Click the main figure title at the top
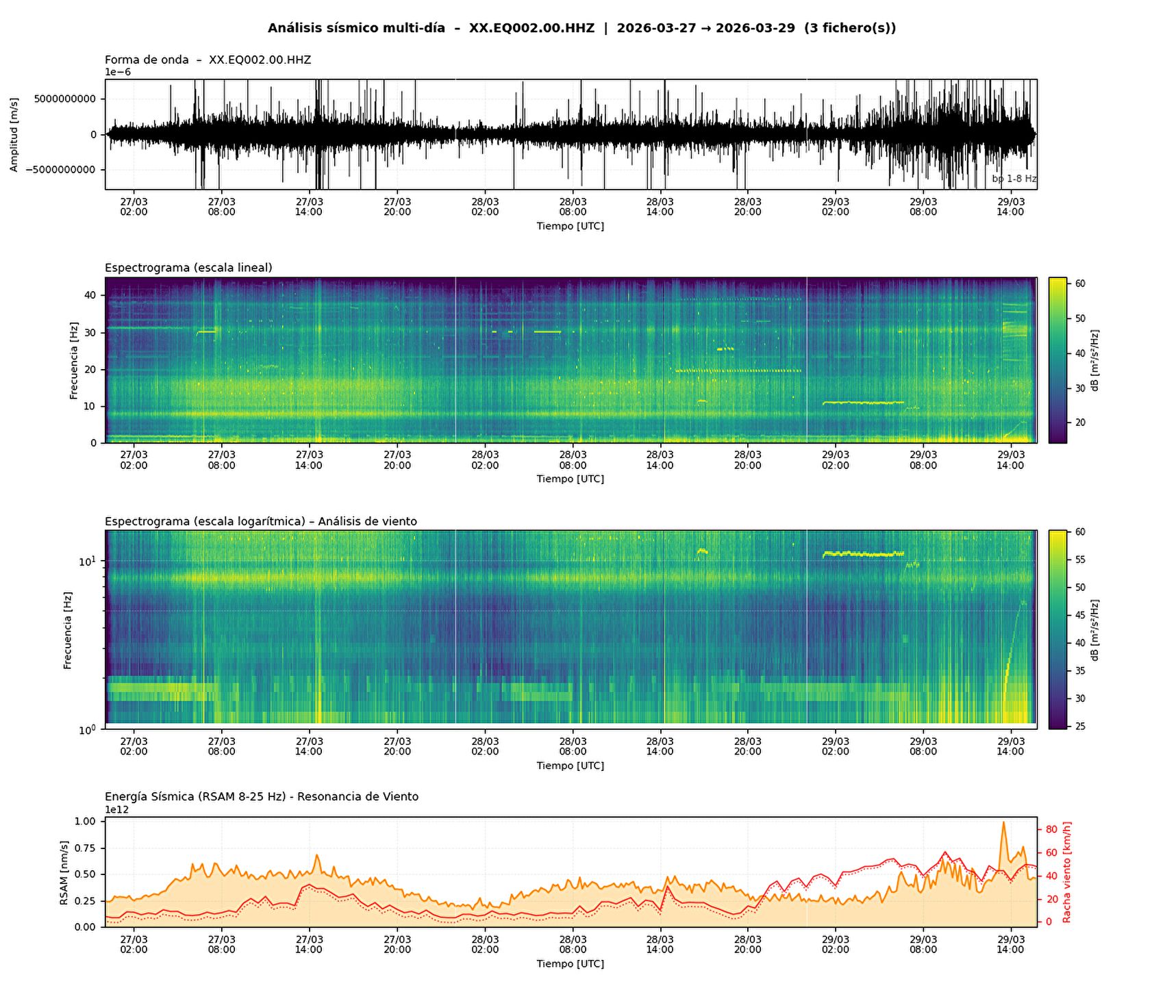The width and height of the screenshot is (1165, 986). tap(581, 28)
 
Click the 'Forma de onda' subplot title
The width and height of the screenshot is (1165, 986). tap(208, 60)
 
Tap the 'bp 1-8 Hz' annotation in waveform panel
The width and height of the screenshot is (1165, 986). tap(1014, 179)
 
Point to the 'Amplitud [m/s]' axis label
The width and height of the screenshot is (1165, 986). tap(14, 134)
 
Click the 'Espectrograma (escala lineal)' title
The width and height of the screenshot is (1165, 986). tap(188, 268)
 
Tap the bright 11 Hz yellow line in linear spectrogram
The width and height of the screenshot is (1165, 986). tap(863, 403)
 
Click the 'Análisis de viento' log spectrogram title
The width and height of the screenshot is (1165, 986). tap(260, 522)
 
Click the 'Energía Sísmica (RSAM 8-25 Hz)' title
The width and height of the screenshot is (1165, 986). tap(261, 797)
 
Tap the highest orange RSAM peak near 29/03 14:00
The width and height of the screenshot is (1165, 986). tap(1003, 823)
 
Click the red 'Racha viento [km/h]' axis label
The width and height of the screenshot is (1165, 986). tap(1066, 872)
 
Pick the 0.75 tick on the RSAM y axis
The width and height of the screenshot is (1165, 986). tap(84, 848)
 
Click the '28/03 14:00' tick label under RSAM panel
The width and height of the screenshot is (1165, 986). tap(660, 945)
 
